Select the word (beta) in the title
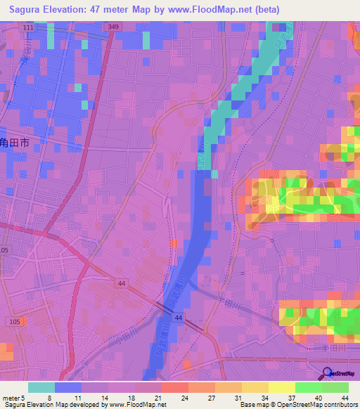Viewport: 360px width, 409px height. point(264,9)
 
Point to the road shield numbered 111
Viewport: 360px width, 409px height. point(27,27)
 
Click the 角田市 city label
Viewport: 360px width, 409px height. point(14,142)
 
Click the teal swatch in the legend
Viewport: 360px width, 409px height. point(41,387)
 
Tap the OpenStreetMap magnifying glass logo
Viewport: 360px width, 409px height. point(326,373)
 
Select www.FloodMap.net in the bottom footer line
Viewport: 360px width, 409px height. point(133,404)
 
